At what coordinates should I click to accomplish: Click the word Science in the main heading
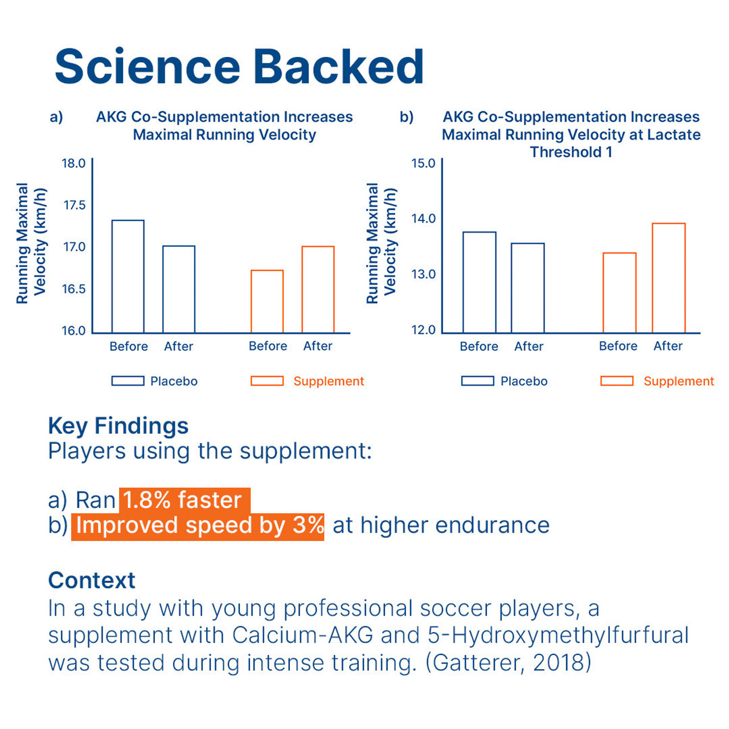(148, 67)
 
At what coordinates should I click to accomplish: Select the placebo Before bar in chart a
(128, 276)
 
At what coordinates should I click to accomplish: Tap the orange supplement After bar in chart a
(318, 289)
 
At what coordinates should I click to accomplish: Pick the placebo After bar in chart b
(528, 288)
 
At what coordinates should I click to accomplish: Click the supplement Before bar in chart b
(619, 292)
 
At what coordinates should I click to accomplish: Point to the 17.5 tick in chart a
(75, 205)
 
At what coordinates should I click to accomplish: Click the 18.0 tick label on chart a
(73, 163)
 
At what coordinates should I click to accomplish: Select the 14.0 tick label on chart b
(423, 219)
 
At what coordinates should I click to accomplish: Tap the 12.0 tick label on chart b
(423, 330)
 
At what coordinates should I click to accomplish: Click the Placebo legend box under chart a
(128, 381)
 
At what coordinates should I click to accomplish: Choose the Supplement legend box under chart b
(617, 381)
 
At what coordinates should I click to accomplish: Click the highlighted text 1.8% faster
(183, 500)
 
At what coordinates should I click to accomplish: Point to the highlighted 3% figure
(308, 525)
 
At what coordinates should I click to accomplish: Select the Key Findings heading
(118, 425)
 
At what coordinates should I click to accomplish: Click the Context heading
(92, 580)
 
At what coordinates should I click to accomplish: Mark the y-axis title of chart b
(381, 243)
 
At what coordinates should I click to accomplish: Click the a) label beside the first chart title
(56, 117)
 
